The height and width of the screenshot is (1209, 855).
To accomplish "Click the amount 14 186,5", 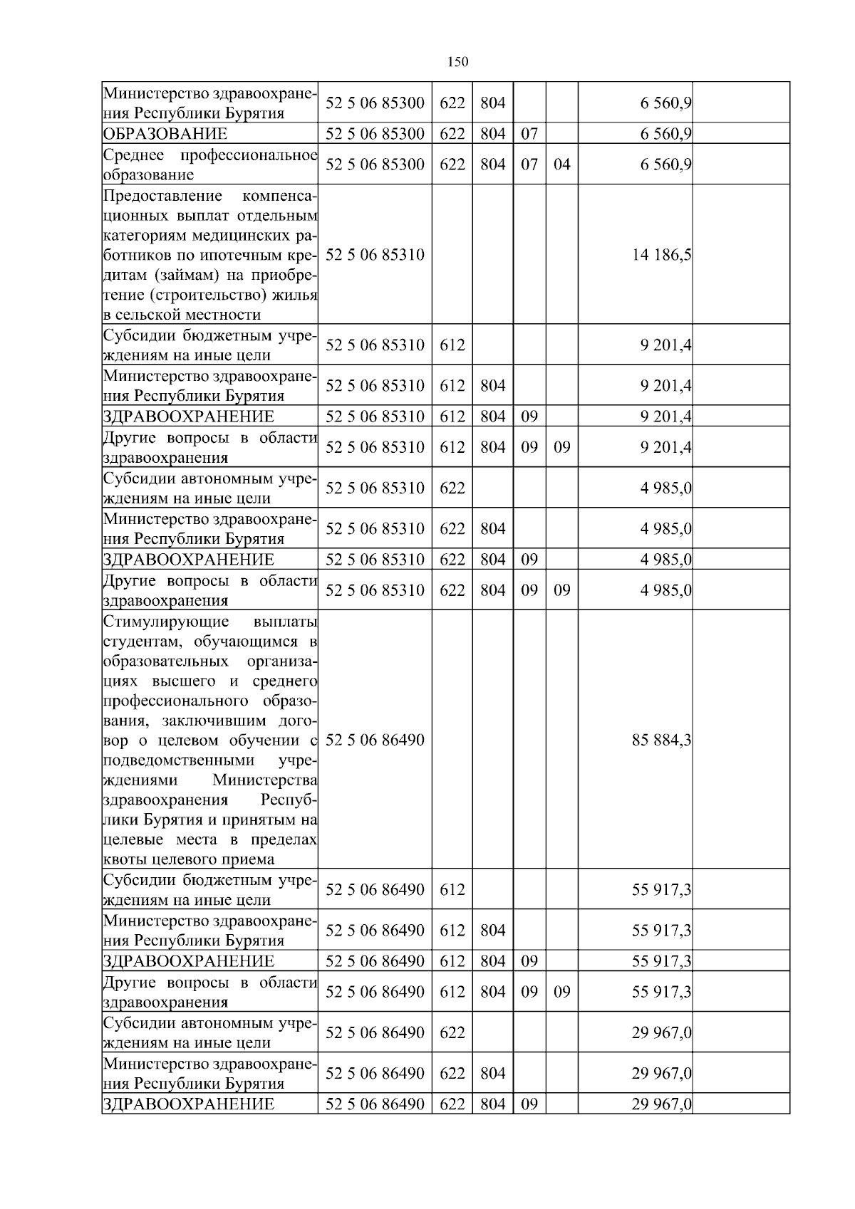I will pyautogui.click(x=661, y=255).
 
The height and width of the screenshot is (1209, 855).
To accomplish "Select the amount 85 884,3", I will pyautogui.click(x=661, y=740).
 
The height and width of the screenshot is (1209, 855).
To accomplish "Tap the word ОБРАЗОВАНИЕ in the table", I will pyautogui.click(x=165, y=134).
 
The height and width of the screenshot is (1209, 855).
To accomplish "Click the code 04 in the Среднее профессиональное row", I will pyautogui.click(x=562, y=164).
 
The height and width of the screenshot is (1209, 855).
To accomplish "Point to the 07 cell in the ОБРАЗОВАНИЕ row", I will pyautogui.click(x=529, y=134).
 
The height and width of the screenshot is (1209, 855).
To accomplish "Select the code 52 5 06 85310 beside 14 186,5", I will pyautogui.click(x=375, y=255).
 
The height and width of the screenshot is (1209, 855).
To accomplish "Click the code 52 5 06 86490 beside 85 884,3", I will pyautogui.click(x=375, y=740).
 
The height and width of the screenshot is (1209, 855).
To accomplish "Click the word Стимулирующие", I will pyautogui.click(x=166, y=621).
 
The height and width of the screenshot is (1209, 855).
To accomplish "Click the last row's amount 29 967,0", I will pyautogui.click(x=661, y=1104).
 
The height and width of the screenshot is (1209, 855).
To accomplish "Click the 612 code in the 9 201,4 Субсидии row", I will pyautogui.click(x=452, y=345).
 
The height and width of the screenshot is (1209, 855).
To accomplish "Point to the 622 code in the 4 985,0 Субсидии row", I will pyautogui.click(x=452, y=488).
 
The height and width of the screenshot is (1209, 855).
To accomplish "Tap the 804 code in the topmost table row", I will pyautogui.click(x=492, y=103).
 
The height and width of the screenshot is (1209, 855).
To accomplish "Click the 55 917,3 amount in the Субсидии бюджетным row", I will pyautogui.click(x=661, y=890).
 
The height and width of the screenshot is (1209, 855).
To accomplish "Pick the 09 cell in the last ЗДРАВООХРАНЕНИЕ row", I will pyautogui.click(x=529, y=1104).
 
